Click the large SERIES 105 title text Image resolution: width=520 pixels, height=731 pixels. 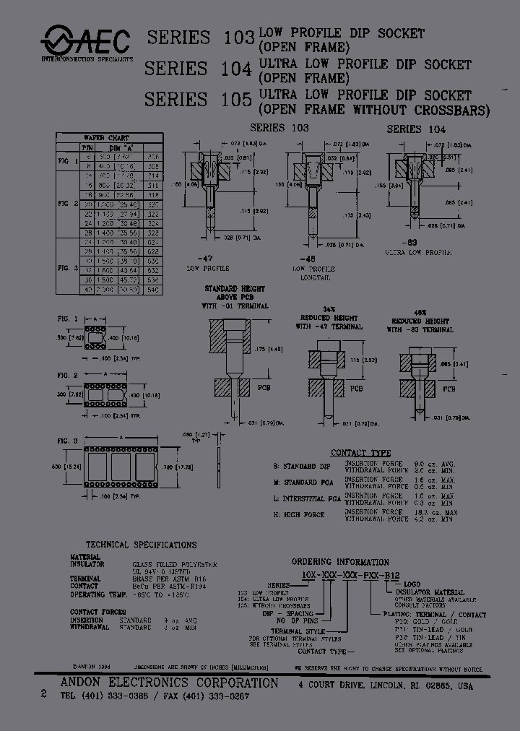[x=197, y=99]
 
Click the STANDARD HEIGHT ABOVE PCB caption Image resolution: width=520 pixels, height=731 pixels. [x=235, y=292]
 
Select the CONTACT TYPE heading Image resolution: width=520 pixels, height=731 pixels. [x=360, y=453]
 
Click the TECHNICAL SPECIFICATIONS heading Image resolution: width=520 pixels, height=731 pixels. [x=141, y=545]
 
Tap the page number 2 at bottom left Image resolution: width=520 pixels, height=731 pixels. [x=44, y=693]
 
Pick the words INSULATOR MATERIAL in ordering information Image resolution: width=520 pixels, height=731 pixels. [x=429, y=592]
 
